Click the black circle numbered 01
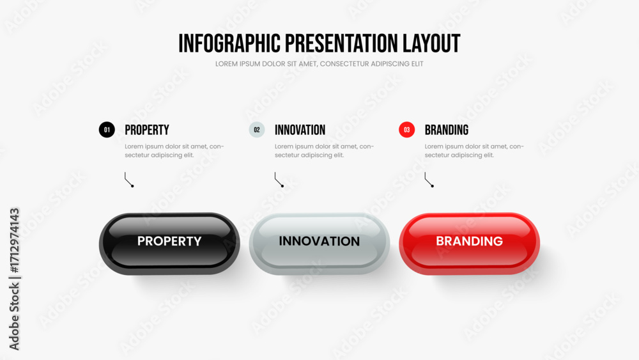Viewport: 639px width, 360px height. click(x=107, y=130)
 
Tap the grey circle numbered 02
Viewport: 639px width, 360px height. click(x=257, y=130)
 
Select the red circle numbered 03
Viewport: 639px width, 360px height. click(x=406, y=130)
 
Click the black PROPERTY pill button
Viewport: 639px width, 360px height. click(x=169, y=244)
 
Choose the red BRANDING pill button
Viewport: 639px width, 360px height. click(x=470, y=244)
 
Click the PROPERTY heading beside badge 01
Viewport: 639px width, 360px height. click(x=147, y=130)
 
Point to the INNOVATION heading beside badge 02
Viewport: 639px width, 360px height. click(x=300, y=130)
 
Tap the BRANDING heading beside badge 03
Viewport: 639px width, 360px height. click(x=447, y=130)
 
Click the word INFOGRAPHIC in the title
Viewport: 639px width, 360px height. click(x=229, y=43)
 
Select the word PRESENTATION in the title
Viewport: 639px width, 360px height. click(x=341, y=43)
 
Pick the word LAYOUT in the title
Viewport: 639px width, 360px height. click(x=431, y=43)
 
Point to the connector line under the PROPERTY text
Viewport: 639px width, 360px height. click(x=128, y=180)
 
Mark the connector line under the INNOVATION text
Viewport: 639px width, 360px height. click(x=278, y=180)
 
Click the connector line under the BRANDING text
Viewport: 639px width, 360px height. click(x=428, y=180)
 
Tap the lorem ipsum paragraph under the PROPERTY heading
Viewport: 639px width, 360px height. click(x=174, y=151)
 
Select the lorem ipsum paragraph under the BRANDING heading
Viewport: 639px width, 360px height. click(x=474, y=151)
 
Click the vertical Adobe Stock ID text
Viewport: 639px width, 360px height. click(x=14, y=279)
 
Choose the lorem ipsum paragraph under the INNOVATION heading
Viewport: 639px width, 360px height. click(x=325, y=151)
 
